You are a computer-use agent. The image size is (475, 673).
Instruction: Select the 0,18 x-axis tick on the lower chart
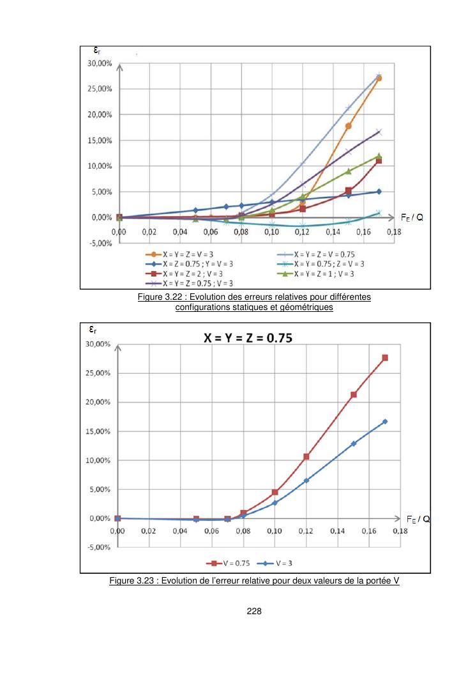pos(400,531)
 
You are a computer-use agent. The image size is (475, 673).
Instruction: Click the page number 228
pos(254,610)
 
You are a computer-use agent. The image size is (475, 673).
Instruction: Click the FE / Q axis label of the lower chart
pos(417,519)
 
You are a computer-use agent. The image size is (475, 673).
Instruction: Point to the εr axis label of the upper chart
pos(92,50)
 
